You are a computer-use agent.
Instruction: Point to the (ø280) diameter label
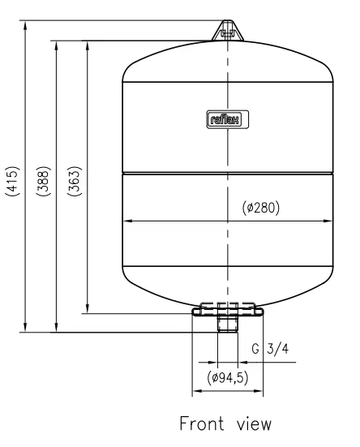click(261, 208)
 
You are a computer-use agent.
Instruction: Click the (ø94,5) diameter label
click(227, 379)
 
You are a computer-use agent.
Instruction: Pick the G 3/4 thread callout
click(269, 350)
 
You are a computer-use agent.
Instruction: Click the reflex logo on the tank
click(228, 120)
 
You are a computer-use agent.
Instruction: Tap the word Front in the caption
click(195, 426)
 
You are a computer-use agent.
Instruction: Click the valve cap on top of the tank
click(227, 30)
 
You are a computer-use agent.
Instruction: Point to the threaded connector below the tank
click(228, 325)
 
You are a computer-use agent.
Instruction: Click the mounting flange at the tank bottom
click(228, 309)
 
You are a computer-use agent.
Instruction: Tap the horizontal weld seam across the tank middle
click(228, 172)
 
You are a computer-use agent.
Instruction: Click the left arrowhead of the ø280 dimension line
click(125, 221)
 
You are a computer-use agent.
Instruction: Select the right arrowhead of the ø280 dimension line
click(331, 221)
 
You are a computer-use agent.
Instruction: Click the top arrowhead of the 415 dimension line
click(27, 23)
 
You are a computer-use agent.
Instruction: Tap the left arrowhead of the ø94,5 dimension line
click(194, 393)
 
